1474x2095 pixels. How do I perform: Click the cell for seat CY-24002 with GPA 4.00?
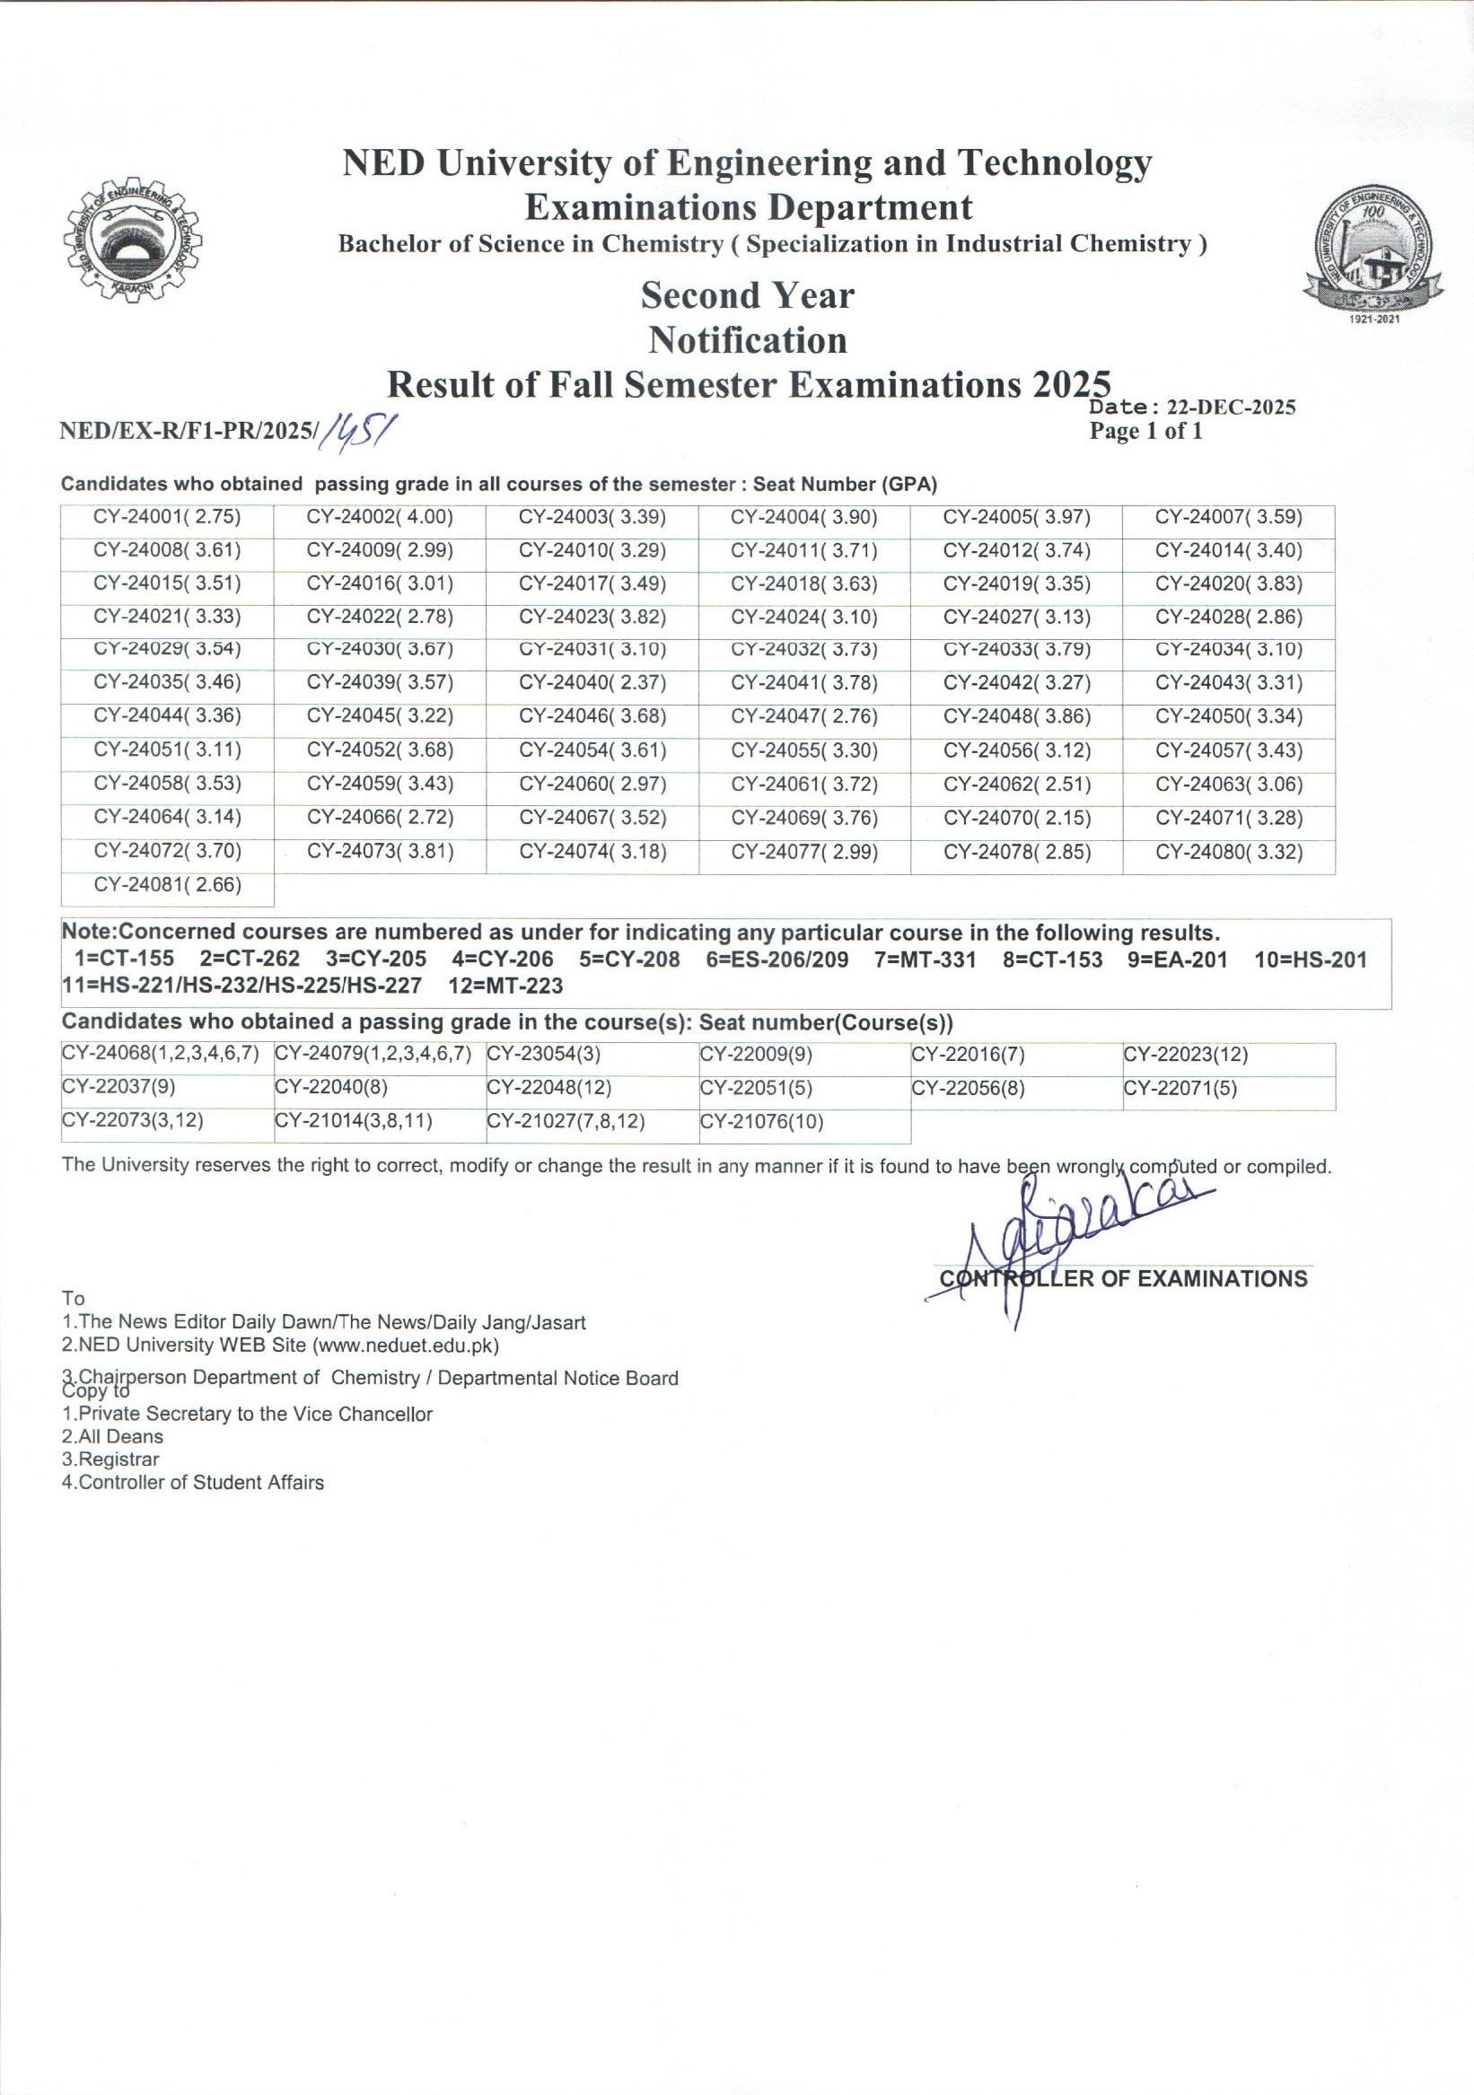click(x=380, y=518)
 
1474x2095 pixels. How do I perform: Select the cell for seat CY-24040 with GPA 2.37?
click(x=592, y=683)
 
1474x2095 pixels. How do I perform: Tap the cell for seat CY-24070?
click(x=1017, y=819)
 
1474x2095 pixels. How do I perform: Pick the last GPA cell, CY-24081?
click(x=167, y=885)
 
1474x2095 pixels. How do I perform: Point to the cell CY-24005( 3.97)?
click(x=1017, y=518)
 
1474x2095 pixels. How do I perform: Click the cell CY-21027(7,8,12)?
click(x=566, y=1121)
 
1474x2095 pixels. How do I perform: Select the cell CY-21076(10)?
click(x=762, y=1121)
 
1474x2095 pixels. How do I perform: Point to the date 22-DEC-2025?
click(x=1232, y=408)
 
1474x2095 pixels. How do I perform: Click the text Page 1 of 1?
click(x=1145, y=432)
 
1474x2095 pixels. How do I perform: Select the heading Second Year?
click(x=747, y=295)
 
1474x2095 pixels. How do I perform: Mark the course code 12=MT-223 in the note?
click(x=505, y=986)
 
